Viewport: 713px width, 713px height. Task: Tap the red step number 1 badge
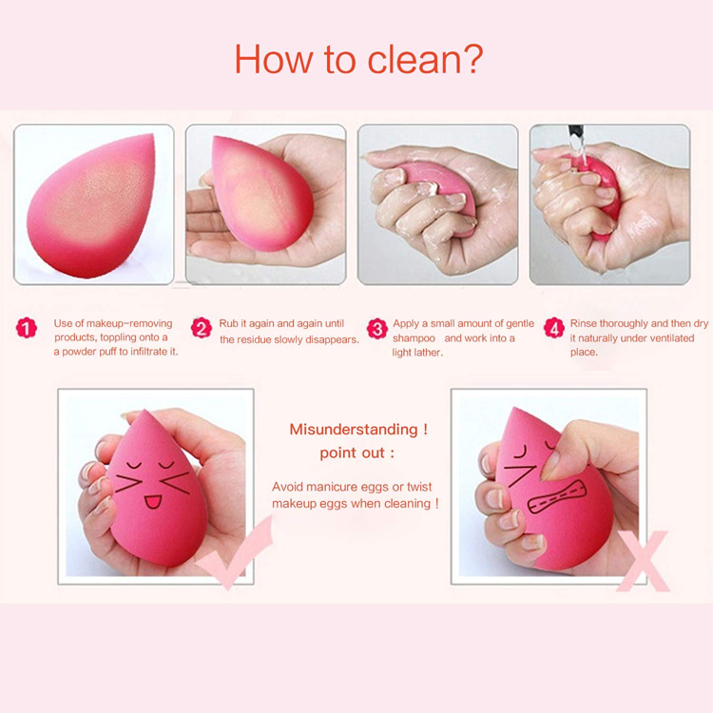click(x=27, y=329)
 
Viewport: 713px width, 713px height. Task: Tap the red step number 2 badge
click(x=202, y=329)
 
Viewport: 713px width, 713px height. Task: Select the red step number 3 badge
click(x=377, y=329)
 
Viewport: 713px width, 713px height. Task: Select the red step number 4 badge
click(x=554, y=329)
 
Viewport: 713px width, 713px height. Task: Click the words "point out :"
click(x=356, y=453)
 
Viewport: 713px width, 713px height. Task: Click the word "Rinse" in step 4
click(x=586, y=324)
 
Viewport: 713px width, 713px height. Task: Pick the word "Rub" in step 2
click(x=228, y=324)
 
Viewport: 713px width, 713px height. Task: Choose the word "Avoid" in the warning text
click(x=288, y=486)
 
